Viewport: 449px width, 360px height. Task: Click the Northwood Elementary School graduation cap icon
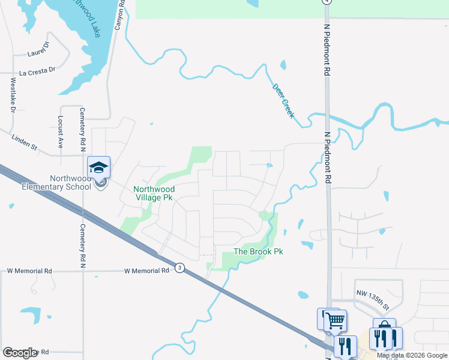(98, 167)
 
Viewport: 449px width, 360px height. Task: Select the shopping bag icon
(384, 329)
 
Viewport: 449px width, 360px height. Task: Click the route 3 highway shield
(179, 268)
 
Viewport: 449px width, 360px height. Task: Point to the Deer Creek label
(283, 100)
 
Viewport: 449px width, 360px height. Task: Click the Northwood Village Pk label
(153, 193)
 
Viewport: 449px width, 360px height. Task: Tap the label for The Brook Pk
(258, 251)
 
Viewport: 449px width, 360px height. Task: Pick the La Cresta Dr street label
(37, 71)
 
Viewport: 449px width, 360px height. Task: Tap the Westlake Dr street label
(13, 96)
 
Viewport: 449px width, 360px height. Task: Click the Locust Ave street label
(61, 132)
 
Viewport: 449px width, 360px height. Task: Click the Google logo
(20, 353)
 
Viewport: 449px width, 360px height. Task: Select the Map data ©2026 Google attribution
(412, 355)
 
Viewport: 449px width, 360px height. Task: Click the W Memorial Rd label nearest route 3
(147, 271)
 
